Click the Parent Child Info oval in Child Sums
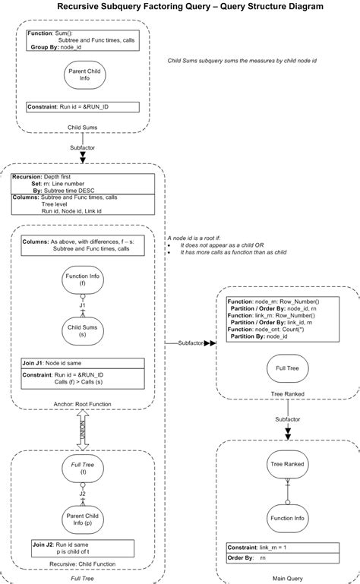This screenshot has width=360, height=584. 82,75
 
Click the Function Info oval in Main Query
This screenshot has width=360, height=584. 287,517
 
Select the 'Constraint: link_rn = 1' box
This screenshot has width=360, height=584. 287,548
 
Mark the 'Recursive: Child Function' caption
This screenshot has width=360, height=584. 84,566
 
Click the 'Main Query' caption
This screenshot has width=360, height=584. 288,578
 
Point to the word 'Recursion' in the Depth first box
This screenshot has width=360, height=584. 27,176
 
